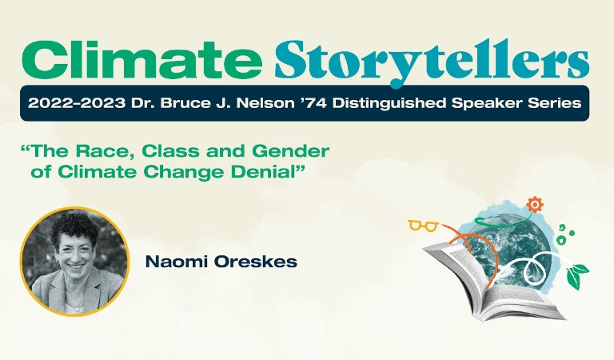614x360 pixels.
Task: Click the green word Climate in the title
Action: (142, 60)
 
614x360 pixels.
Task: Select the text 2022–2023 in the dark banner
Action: (77, 103)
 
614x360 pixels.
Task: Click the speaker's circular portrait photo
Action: (74, 262)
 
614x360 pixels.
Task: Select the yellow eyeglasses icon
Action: (423, 226)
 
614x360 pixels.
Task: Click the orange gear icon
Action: (535, 205)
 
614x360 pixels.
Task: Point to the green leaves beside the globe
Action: (576, 274)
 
